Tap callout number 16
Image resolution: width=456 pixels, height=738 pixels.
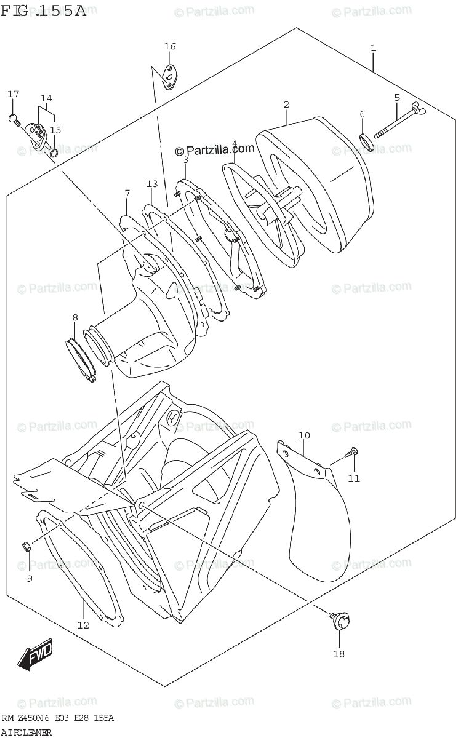tap(170, 47)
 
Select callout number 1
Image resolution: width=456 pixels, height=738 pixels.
tap(373, 48)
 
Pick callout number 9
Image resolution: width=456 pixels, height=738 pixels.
tap(29, 578)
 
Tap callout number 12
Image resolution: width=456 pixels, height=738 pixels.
tap(83, 625)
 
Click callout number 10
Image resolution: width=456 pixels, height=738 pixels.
tap(304, 436)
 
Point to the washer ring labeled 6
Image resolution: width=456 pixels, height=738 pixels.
tap(366, 141)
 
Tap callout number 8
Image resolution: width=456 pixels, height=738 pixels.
tap(75, 317)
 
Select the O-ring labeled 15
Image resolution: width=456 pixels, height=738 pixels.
tap(55, 151)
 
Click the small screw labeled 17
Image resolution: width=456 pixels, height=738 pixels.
tap(14, 118)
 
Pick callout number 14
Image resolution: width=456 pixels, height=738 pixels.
tap(47, 98)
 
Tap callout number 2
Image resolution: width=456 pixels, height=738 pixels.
tap(286, 105)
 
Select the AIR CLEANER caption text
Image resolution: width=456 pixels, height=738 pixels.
tap(27, 732)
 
